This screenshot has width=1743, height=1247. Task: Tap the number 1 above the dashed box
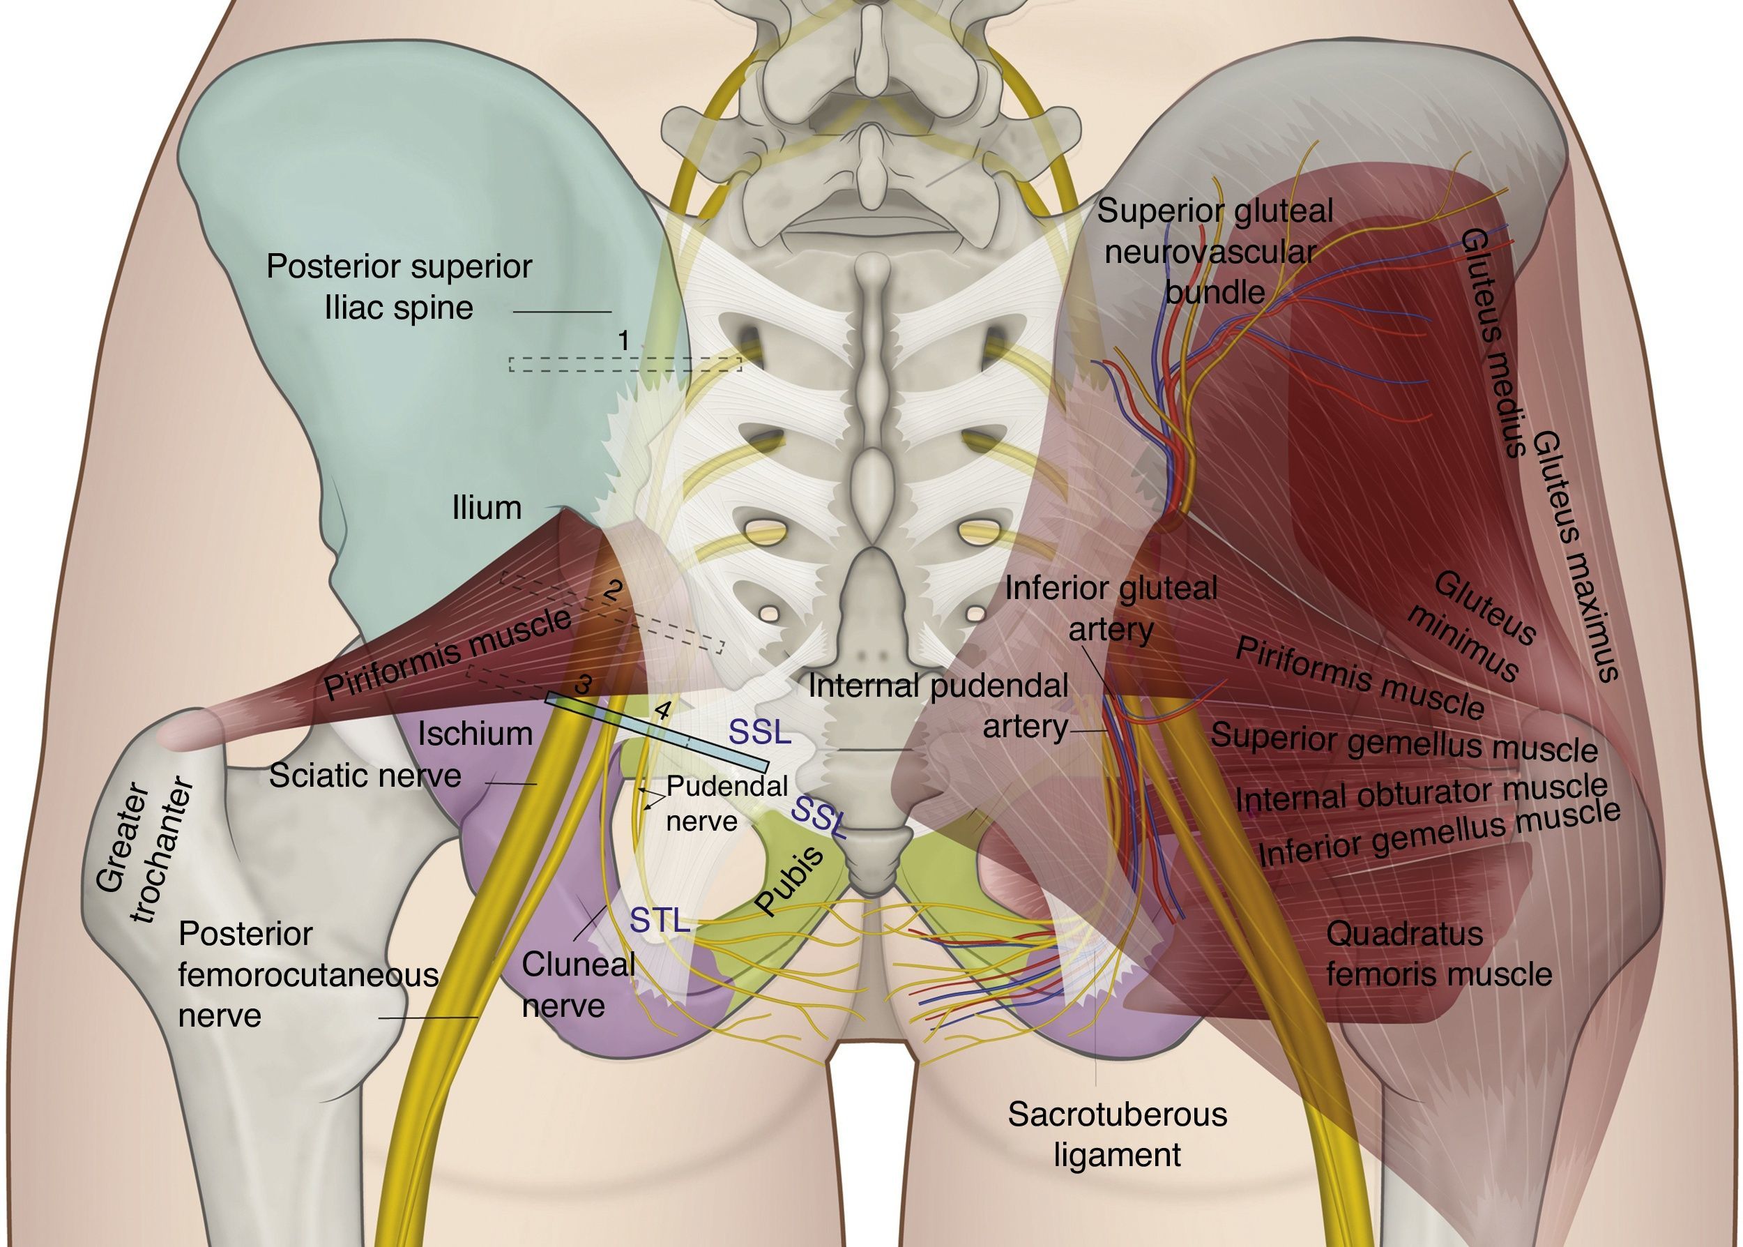point(624,340)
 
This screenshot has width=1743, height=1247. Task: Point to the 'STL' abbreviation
point(660,920)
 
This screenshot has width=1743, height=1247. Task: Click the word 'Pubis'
point(789,882)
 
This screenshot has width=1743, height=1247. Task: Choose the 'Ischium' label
point(474,734)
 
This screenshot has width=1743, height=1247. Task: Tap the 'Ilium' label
point(486,508)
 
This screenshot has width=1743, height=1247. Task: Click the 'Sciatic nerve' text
point(365,776)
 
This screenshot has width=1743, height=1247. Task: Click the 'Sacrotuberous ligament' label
point(1117,1134)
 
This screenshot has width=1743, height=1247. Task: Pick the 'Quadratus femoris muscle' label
point(1438,953)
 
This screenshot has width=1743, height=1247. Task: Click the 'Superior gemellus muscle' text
point(1403,742)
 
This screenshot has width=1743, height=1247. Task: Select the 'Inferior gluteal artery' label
point(1111,608)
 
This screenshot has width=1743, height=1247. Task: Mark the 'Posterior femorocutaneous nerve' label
point(307,974)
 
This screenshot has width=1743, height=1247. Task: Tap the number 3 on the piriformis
point(584,683)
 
